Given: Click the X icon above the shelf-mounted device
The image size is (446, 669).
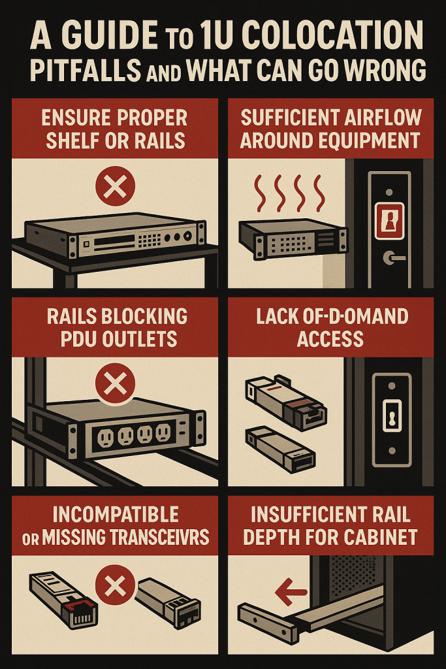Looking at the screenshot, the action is [x=115, y=186].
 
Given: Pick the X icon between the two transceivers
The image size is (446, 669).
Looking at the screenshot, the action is [x=115, y=585].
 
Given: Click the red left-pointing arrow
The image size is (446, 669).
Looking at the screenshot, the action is [x=291, y=592].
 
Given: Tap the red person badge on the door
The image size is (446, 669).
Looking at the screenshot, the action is [x=389, y=221].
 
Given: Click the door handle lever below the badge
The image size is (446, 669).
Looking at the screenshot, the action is [x=394, y=257].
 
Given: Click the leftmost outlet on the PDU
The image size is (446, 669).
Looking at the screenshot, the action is [x=105, y=438].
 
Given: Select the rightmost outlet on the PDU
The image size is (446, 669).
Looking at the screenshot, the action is [x=163, y=432].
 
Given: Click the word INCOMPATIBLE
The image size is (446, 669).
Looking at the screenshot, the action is [x=116, y=515].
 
